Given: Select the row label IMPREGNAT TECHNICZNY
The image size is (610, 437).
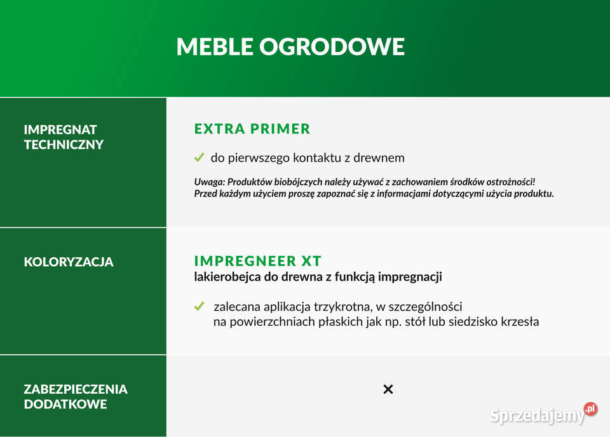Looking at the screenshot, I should [64, 137].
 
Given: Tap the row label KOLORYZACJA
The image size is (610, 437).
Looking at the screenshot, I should [69, 262].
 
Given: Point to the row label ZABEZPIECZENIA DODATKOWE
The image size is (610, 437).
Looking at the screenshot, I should [76, 396].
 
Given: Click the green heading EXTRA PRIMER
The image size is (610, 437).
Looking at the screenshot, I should [252, 129].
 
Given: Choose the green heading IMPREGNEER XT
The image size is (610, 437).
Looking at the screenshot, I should [258, 261].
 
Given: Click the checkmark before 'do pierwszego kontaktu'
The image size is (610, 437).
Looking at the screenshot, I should [199, 158].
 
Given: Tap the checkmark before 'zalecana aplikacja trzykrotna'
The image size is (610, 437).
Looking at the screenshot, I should [199, 307].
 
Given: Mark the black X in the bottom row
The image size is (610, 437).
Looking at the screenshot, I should [388, 389].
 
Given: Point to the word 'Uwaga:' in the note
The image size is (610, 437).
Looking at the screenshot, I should [209, 182].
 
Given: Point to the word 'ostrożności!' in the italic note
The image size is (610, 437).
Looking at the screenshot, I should [508, 182].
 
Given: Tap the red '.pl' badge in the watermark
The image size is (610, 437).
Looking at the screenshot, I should [590, 408].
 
